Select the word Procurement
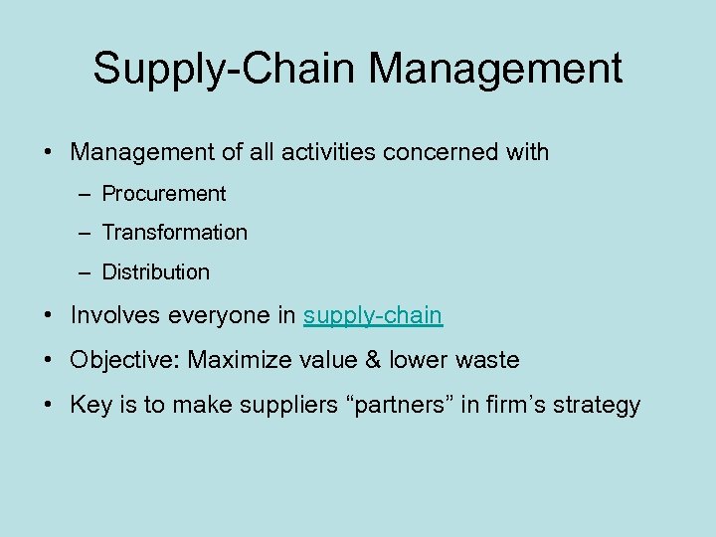pos(164,194)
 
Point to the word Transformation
pos(175,233)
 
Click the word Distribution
pos(156,271)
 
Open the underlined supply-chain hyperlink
pos(373,316)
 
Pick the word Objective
pos(123,360)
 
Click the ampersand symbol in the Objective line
pos(373,360)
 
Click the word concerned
pos(444,153)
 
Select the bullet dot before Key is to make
pos(48,405)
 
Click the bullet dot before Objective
pos(48,360)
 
